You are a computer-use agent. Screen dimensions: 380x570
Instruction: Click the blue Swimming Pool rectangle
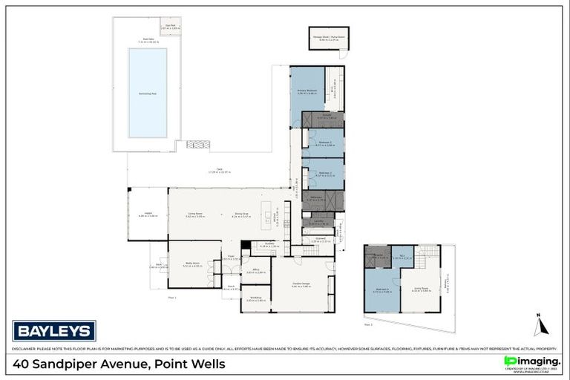coord(147,93)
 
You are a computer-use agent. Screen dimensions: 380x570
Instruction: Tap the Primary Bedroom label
coord(307,94)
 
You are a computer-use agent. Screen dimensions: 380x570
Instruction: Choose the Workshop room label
coord(255,298)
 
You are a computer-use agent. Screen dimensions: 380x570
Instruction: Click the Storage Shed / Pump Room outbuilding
coord(327,38)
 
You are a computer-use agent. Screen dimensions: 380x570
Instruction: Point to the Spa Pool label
coord(171,27)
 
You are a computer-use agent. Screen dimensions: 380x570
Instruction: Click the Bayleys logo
coord(54,330)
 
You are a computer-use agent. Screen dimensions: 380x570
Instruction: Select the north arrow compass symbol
coord(538,324)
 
